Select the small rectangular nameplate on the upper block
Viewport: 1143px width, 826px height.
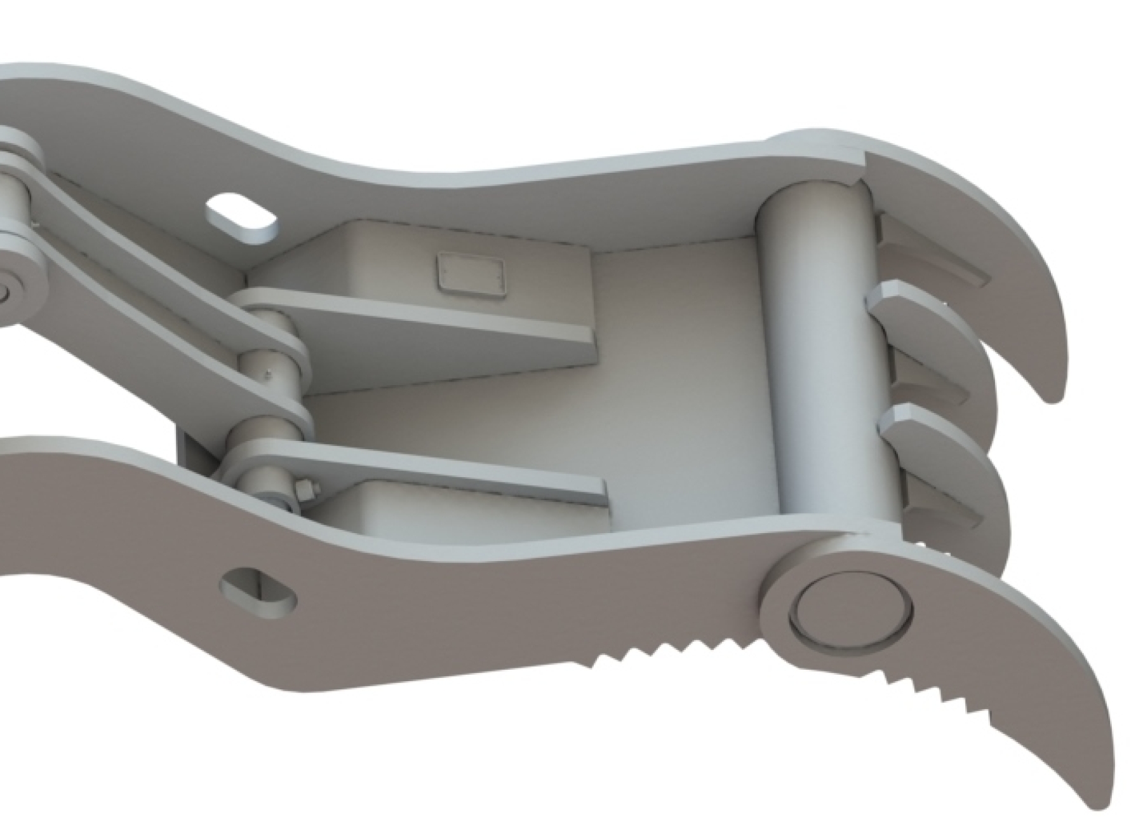click(471, 274)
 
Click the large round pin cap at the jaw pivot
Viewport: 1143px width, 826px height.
click(850, 611)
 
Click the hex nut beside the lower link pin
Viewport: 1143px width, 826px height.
click(303, 490)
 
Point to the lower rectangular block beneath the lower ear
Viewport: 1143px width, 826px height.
click(444, 515)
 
